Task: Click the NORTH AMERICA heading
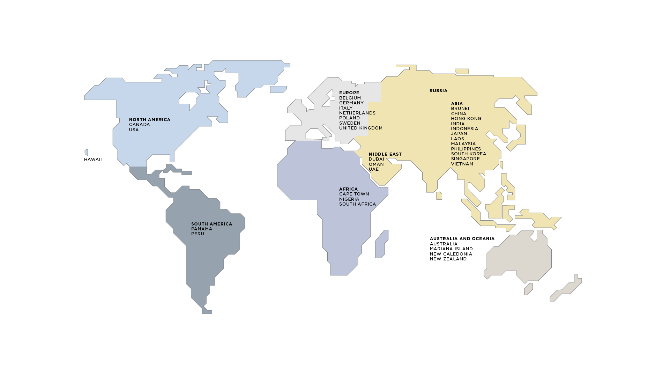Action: pos(150,120)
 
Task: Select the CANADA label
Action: pos(139,125)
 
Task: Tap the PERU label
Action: pos(198,234)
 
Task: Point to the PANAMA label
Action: pos(201,229)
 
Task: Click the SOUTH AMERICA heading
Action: pos(211,224)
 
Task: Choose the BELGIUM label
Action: pos(350,98)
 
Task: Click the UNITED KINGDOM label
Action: pos(360,128)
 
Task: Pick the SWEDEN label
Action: pos(350,123)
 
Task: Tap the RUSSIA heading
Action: pos(438,91)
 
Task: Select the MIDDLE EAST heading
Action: pos(385,154)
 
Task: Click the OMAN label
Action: pos(376,164)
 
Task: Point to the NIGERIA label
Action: pos(349,199)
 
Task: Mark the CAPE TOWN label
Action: pos(354,194)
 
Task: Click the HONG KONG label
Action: pos(466,119)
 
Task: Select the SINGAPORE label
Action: pos(465,159)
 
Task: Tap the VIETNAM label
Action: pos(462,164)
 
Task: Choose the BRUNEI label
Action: pos(460,109)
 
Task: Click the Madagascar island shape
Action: pos(381,244)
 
